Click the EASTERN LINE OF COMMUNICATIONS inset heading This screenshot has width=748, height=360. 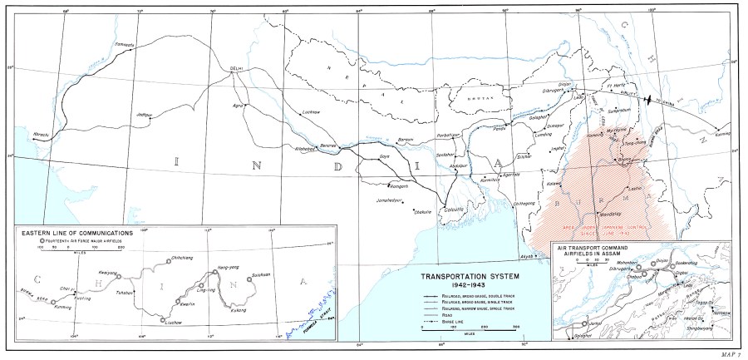tap(76, 234)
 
